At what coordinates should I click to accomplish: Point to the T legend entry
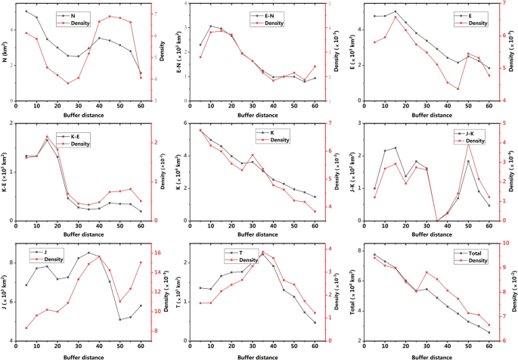click(x=261, y=252)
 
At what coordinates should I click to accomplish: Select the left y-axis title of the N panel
click(x=8, y=52)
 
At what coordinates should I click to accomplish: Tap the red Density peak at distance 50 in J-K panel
click(x=468, y=144)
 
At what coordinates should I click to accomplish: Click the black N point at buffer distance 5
click(x=26, y=11)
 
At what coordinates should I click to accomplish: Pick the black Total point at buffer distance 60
click(x=489, y=332)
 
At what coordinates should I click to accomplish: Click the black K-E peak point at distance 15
click(x=47, y=139)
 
